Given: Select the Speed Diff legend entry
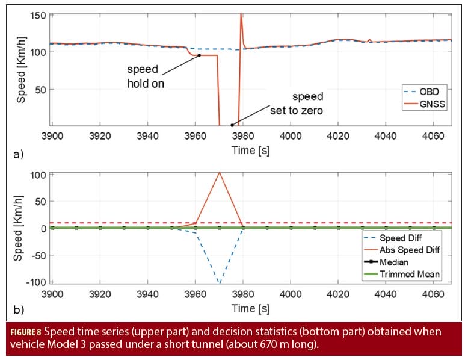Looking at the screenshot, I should click(x=417, y=240).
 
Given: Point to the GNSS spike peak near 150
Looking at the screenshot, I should click(x=241, y=14).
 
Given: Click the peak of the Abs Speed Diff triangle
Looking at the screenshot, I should click(x=220, y=173).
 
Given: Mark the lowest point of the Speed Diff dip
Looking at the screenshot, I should click(x=220, y=282).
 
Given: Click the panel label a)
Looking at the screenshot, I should click(x=19, y=155).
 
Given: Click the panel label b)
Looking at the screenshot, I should click(x=19, y=311).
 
